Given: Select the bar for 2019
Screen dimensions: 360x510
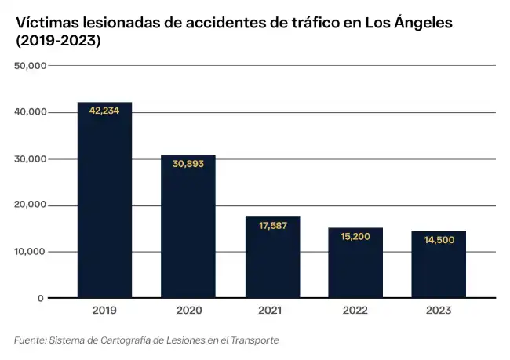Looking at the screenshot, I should click(x=104, y=200).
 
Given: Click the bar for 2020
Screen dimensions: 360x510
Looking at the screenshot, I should click(x=188, y=227).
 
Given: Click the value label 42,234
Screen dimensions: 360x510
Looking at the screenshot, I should click(x=104, y=111).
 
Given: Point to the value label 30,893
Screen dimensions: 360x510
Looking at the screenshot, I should click(x=188, y=164).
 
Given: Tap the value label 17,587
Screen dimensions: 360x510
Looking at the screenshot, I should click(x=272, y=226).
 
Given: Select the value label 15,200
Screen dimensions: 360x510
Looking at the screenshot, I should click(x=355, y=236).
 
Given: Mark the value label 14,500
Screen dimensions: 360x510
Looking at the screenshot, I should click(x=439, y=240).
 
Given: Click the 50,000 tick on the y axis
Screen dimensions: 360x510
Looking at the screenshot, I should click(x=30, y=66).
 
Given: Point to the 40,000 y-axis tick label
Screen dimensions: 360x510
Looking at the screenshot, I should click(x=30, y=112).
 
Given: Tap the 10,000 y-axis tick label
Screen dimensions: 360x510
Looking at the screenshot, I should click(x=30, y=252).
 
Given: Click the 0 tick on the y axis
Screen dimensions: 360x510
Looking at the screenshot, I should click(x=40, y=299).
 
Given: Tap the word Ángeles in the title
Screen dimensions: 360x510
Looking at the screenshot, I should click(x=424, y=24).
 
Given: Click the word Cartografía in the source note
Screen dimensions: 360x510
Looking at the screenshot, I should click(x=129, y=340).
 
